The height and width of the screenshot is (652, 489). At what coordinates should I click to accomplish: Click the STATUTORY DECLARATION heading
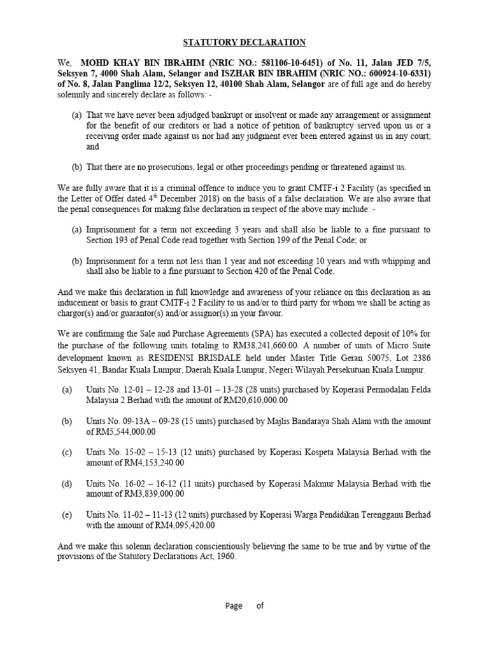244,43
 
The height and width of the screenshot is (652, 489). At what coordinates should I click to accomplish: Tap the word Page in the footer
234,606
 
